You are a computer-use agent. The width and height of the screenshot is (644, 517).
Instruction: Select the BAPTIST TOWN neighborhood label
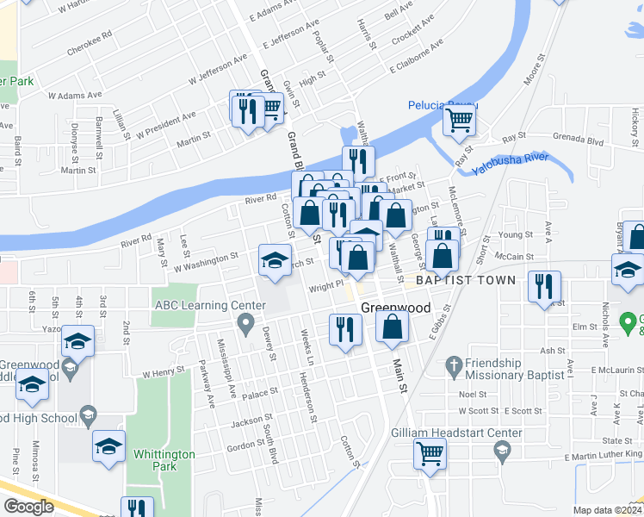[x=465, y=280]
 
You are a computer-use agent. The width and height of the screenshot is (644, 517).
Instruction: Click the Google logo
[x=28, y=507]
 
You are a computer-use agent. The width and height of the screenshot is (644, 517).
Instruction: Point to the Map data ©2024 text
[x=607, y=510]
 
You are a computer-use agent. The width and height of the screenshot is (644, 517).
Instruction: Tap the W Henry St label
[x=164, y=373]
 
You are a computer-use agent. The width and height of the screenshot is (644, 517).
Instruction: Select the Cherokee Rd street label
[x=90, y=43]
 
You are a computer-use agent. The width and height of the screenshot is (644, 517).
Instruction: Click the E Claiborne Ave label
[x=417, y=55]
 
